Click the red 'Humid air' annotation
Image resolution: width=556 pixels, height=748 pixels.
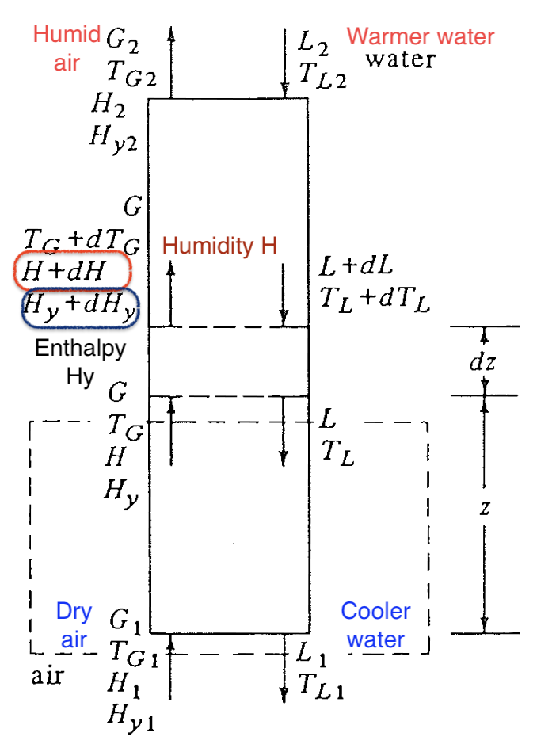coord(67,48)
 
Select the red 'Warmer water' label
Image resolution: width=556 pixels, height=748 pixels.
coord(421,36)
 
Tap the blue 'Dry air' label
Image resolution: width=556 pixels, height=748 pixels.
coord(74,625)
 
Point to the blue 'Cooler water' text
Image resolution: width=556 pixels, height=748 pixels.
coord(375,625)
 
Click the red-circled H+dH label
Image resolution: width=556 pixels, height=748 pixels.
coord(72,271)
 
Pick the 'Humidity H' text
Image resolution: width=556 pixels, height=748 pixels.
coord(219,246)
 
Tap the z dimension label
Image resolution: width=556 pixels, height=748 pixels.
coord(485,508)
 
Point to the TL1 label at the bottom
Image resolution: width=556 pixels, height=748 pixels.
coord(321,686)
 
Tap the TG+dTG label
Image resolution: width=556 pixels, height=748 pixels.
coord(82,238)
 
